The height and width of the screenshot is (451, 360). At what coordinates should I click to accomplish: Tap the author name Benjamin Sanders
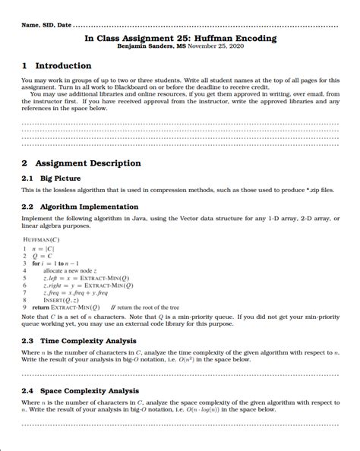pyautogui.click(x=145, y=46)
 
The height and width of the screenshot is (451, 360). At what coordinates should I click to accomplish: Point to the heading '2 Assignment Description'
pyautogui.click(x=81, y=163)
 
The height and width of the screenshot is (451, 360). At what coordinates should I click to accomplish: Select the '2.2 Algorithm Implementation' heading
pyautogui.click(x=80, y=207)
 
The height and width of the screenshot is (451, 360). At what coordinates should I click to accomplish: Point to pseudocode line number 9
pyautogui.click(x=25, y=307)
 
